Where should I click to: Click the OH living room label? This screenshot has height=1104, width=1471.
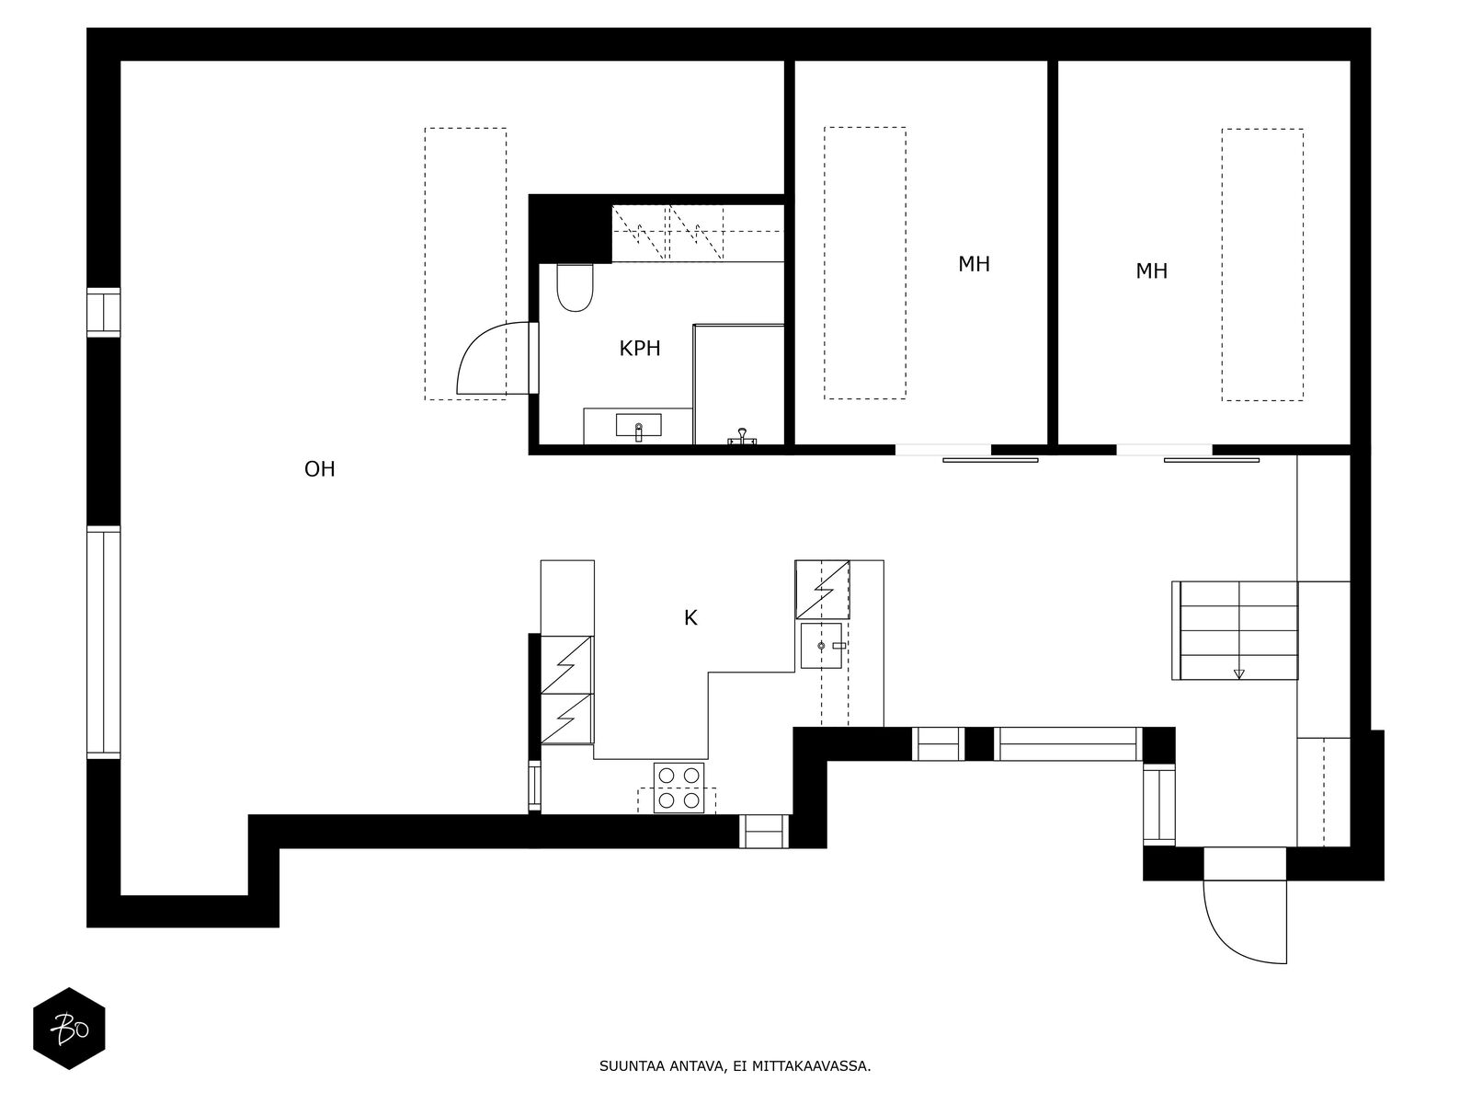pos(319,469)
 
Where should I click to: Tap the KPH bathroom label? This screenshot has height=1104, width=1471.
pos(639,349)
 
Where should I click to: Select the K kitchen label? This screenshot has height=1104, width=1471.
pos(690,618)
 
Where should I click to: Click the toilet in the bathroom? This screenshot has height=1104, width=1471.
pos(575,288)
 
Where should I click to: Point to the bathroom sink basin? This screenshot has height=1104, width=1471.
pos(638,425)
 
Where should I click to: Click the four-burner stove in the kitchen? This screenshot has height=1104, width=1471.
pos(678,788)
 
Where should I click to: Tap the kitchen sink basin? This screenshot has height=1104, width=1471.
pos(821,646)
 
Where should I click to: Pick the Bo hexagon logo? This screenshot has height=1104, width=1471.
pos(69,1029)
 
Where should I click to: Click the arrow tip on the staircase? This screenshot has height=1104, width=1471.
pos(1238,678)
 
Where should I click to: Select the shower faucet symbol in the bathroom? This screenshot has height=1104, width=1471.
pos(742,437)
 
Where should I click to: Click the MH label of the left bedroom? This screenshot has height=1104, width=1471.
pos(974,264)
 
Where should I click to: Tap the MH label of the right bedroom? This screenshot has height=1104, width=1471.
pos(1151,270)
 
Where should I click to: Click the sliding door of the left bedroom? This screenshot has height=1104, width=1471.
pos(990,460)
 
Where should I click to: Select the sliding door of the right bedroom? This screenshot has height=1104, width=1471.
pos(1212,460)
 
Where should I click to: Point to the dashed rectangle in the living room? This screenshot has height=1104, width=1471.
pos(425,264)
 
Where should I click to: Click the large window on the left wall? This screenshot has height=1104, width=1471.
pos(103,642)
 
